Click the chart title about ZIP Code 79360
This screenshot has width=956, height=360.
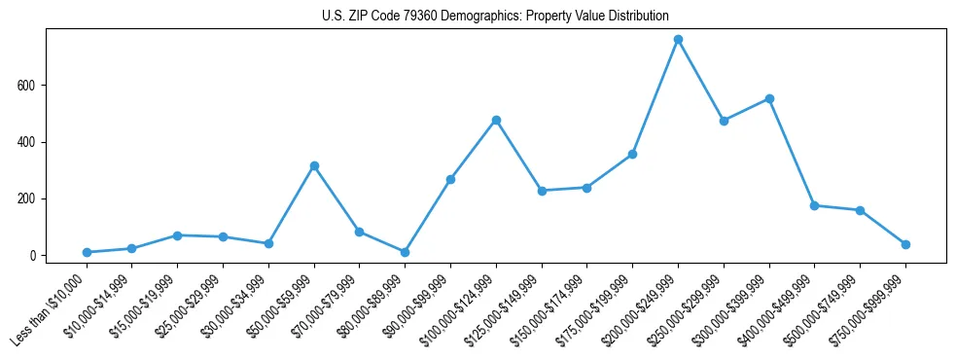point(495,17)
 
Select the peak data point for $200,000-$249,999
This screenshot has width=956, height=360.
point(678,40)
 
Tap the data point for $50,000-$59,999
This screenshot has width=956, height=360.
point(314,165)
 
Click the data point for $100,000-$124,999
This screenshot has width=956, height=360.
point(496,120)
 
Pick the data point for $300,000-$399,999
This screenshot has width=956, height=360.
point(769,98)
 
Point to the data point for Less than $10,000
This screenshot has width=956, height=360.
point(87,252)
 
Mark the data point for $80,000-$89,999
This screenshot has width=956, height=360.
point(405,252)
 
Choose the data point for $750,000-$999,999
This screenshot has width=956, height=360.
point(905,244)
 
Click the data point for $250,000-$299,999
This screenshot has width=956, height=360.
point(724,121)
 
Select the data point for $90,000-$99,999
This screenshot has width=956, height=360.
point(450,179)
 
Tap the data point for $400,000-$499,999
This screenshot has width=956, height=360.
point(814,205)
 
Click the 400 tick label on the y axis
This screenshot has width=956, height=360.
point(27,142)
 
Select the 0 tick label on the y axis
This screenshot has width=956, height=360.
point(33,256)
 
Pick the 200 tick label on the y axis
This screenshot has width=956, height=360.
point(27,199)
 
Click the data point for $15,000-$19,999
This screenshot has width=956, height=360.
point(177,235)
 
